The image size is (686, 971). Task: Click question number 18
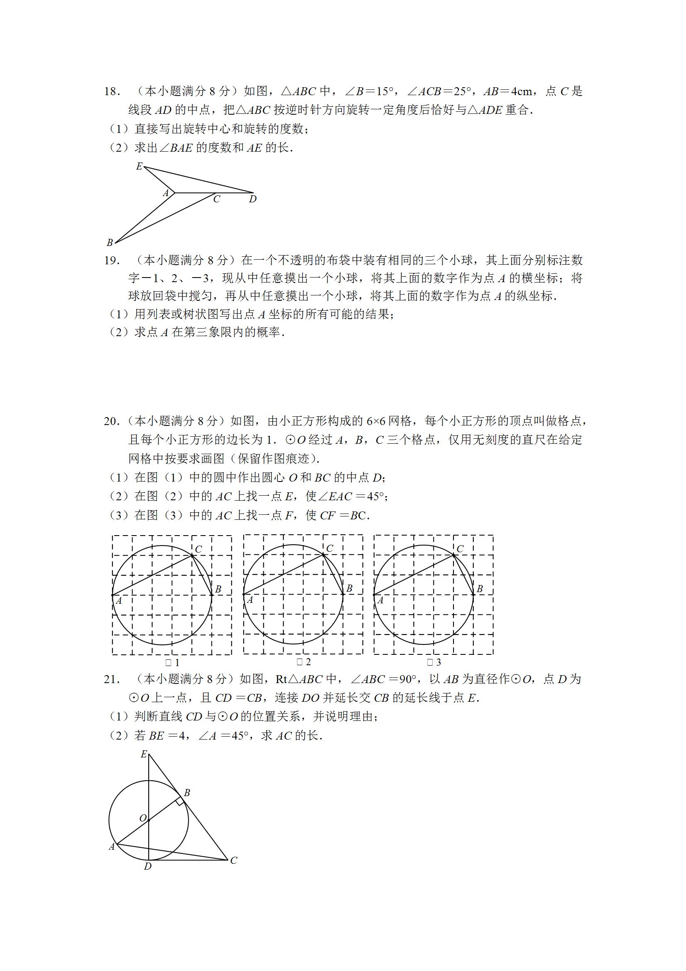pyautogui.click(x=112, y=92)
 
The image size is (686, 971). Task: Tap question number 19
pyautogui.click(x=112, y=261)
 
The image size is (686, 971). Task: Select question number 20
pyautogui.click(x=112, y=421)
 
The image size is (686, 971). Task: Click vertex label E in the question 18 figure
pyautogui.click(x=139, y=167)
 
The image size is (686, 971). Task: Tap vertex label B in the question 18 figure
pyautogui.click(x=110, y=243)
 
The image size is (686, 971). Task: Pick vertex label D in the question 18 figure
pyautogui.click(x=253, y=199)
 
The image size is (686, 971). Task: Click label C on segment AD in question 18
pyautogui.click(x=217, y=199)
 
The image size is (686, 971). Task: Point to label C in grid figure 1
pyautogui.click(x=198, y=549)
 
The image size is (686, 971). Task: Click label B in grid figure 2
pyautogui.click(x=349, y=588)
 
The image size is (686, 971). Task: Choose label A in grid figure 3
pyautogui.click(x=380, y=600)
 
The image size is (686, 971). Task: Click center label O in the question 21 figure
pyautogui.click(x=143, y=819)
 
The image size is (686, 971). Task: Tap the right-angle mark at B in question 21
pyautogui.click(x=180, y=801)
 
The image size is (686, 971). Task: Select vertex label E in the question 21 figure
pyautogui.click(x=144, y=754)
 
